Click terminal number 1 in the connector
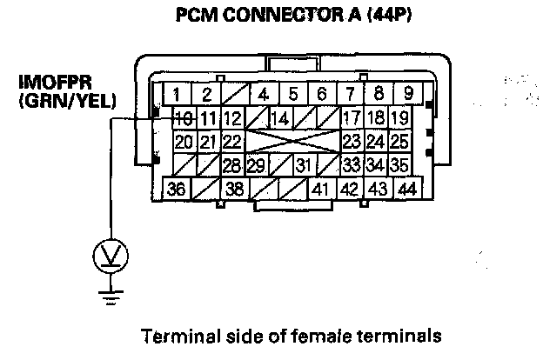176,94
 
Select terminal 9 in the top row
406,94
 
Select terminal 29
255,164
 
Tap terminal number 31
302,164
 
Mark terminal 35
399,164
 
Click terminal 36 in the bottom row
177,188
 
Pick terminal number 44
406,188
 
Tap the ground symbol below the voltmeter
110,297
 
